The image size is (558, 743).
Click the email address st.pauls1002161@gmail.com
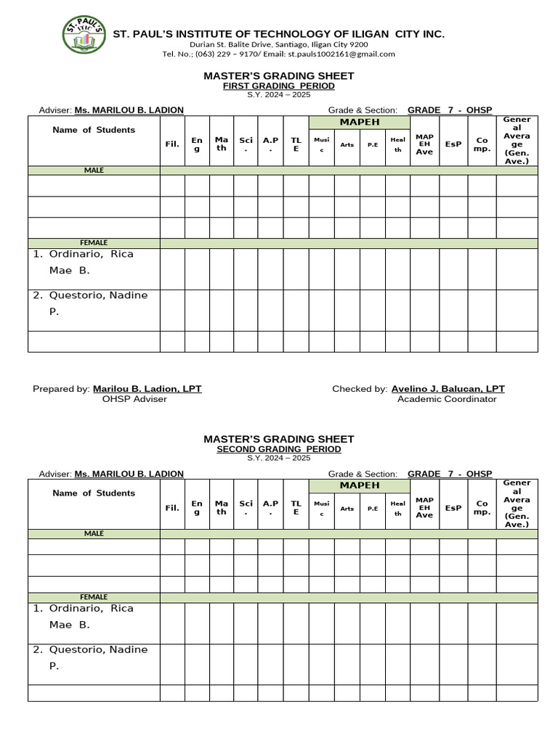(341, 54)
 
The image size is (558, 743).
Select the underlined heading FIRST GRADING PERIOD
(278, 86)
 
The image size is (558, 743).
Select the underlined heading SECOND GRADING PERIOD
(278, 449)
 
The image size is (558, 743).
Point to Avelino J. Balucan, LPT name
(448, 389)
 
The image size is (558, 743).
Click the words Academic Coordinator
(447, 399)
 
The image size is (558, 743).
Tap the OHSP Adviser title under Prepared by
(134, 399)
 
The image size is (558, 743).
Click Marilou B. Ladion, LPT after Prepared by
(147, 389)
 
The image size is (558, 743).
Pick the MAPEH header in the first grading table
(359, 122)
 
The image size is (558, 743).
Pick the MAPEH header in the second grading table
(359, 485)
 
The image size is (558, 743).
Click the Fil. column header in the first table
(172, 144)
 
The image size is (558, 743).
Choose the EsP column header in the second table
(453, 507)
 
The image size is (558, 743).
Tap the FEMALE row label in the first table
(94, 242)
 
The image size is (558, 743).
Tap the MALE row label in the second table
(94, 533)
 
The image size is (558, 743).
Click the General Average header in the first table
(517, 140)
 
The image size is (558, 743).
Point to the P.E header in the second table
(372, 508)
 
